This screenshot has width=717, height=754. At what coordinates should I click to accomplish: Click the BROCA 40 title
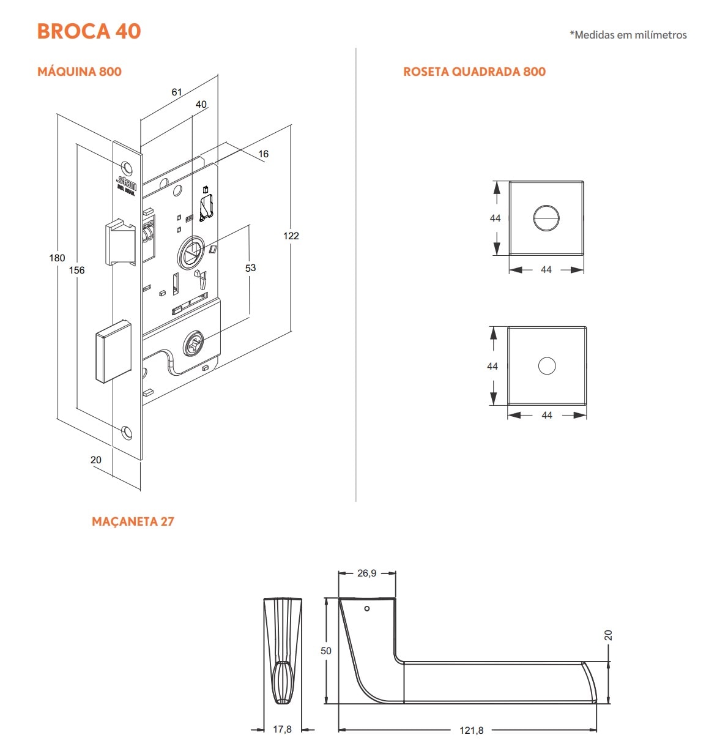click(89, 31)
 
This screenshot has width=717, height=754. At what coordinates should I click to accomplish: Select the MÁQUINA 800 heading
click(80, 72)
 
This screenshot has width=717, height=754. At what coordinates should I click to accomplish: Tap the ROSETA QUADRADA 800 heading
click(474, 72)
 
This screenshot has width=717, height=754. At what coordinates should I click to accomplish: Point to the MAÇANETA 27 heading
click(133, 521)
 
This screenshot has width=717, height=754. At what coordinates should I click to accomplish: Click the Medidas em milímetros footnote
click(628, 35)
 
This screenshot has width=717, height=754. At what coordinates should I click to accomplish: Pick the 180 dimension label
click(57, 258)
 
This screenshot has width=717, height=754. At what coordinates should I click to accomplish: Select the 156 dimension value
click(76, 270)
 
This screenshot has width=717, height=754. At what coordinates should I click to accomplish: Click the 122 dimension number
click(291, 236)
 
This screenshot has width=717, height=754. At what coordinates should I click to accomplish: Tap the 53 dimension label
click(250, 267)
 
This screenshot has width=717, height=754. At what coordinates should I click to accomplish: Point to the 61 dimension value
click(177, 92)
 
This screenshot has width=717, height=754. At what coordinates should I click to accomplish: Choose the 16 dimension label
click(263, 154)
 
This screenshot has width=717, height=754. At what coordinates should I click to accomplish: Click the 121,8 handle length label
click(472, 730)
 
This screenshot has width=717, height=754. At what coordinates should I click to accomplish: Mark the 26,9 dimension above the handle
click(366, 573)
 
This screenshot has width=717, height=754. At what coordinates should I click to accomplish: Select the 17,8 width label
click(282, 729)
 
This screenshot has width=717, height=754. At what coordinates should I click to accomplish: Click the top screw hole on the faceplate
click(127, 168)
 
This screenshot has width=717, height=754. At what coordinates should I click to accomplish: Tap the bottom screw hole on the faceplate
click(127, 432)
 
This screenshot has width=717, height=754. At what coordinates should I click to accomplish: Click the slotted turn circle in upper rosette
click(546, 218)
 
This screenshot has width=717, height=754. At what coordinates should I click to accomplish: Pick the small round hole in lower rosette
click(547, 366)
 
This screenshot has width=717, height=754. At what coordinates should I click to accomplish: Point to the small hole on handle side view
click(367, 608)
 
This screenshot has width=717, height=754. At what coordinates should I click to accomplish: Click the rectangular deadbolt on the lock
click(113, 351)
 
